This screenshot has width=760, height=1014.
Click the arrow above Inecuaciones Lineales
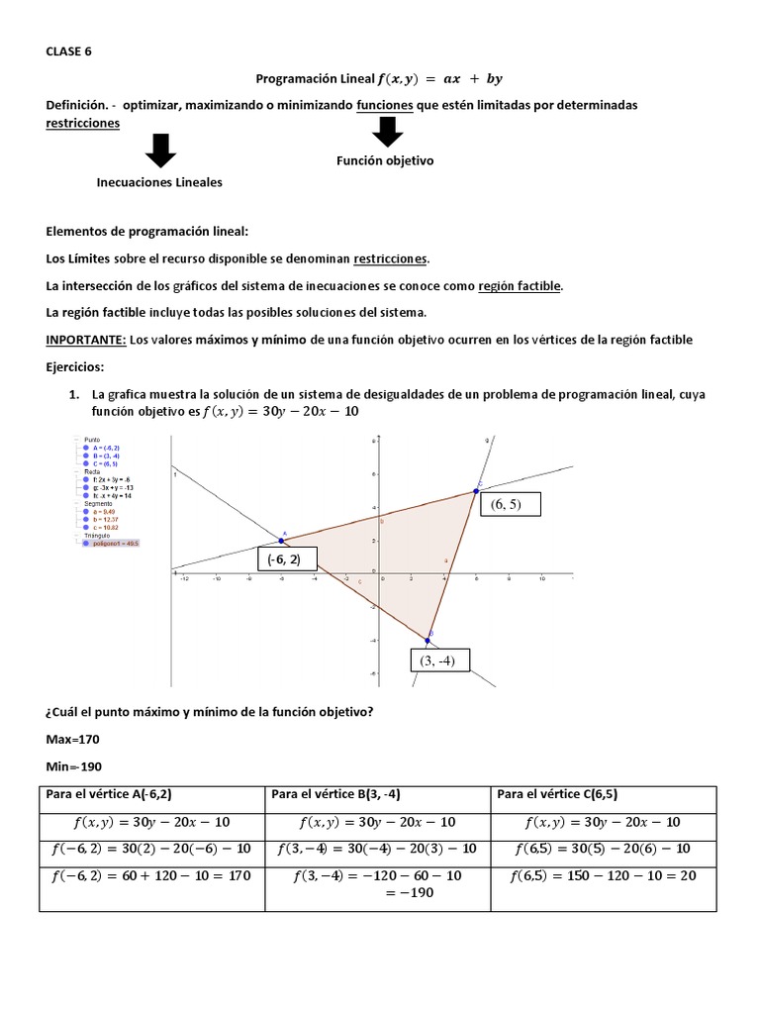pos(159,151)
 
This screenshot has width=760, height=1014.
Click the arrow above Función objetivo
pos(387,132)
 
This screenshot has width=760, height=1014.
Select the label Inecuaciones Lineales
pos(159,182)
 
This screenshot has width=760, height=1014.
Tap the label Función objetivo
pos(385,160)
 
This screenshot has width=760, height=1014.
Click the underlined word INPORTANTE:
pos(86,340)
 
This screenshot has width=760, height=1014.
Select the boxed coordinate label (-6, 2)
pos(285,560)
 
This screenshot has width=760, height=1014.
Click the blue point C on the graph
pos(477,490)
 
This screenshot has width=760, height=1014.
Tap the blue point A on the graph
pos(282,541)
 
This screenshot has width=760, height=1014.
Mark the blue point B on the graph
pos(428,640)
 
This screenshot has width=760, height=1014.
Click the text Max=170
pos(73,740)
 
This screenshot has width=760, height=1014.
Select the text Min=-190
pos(73,766)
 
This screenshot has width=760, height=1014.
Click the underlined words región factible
pos(520,286)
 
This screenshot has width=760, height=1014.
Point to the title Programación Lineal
pos(317,78)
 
